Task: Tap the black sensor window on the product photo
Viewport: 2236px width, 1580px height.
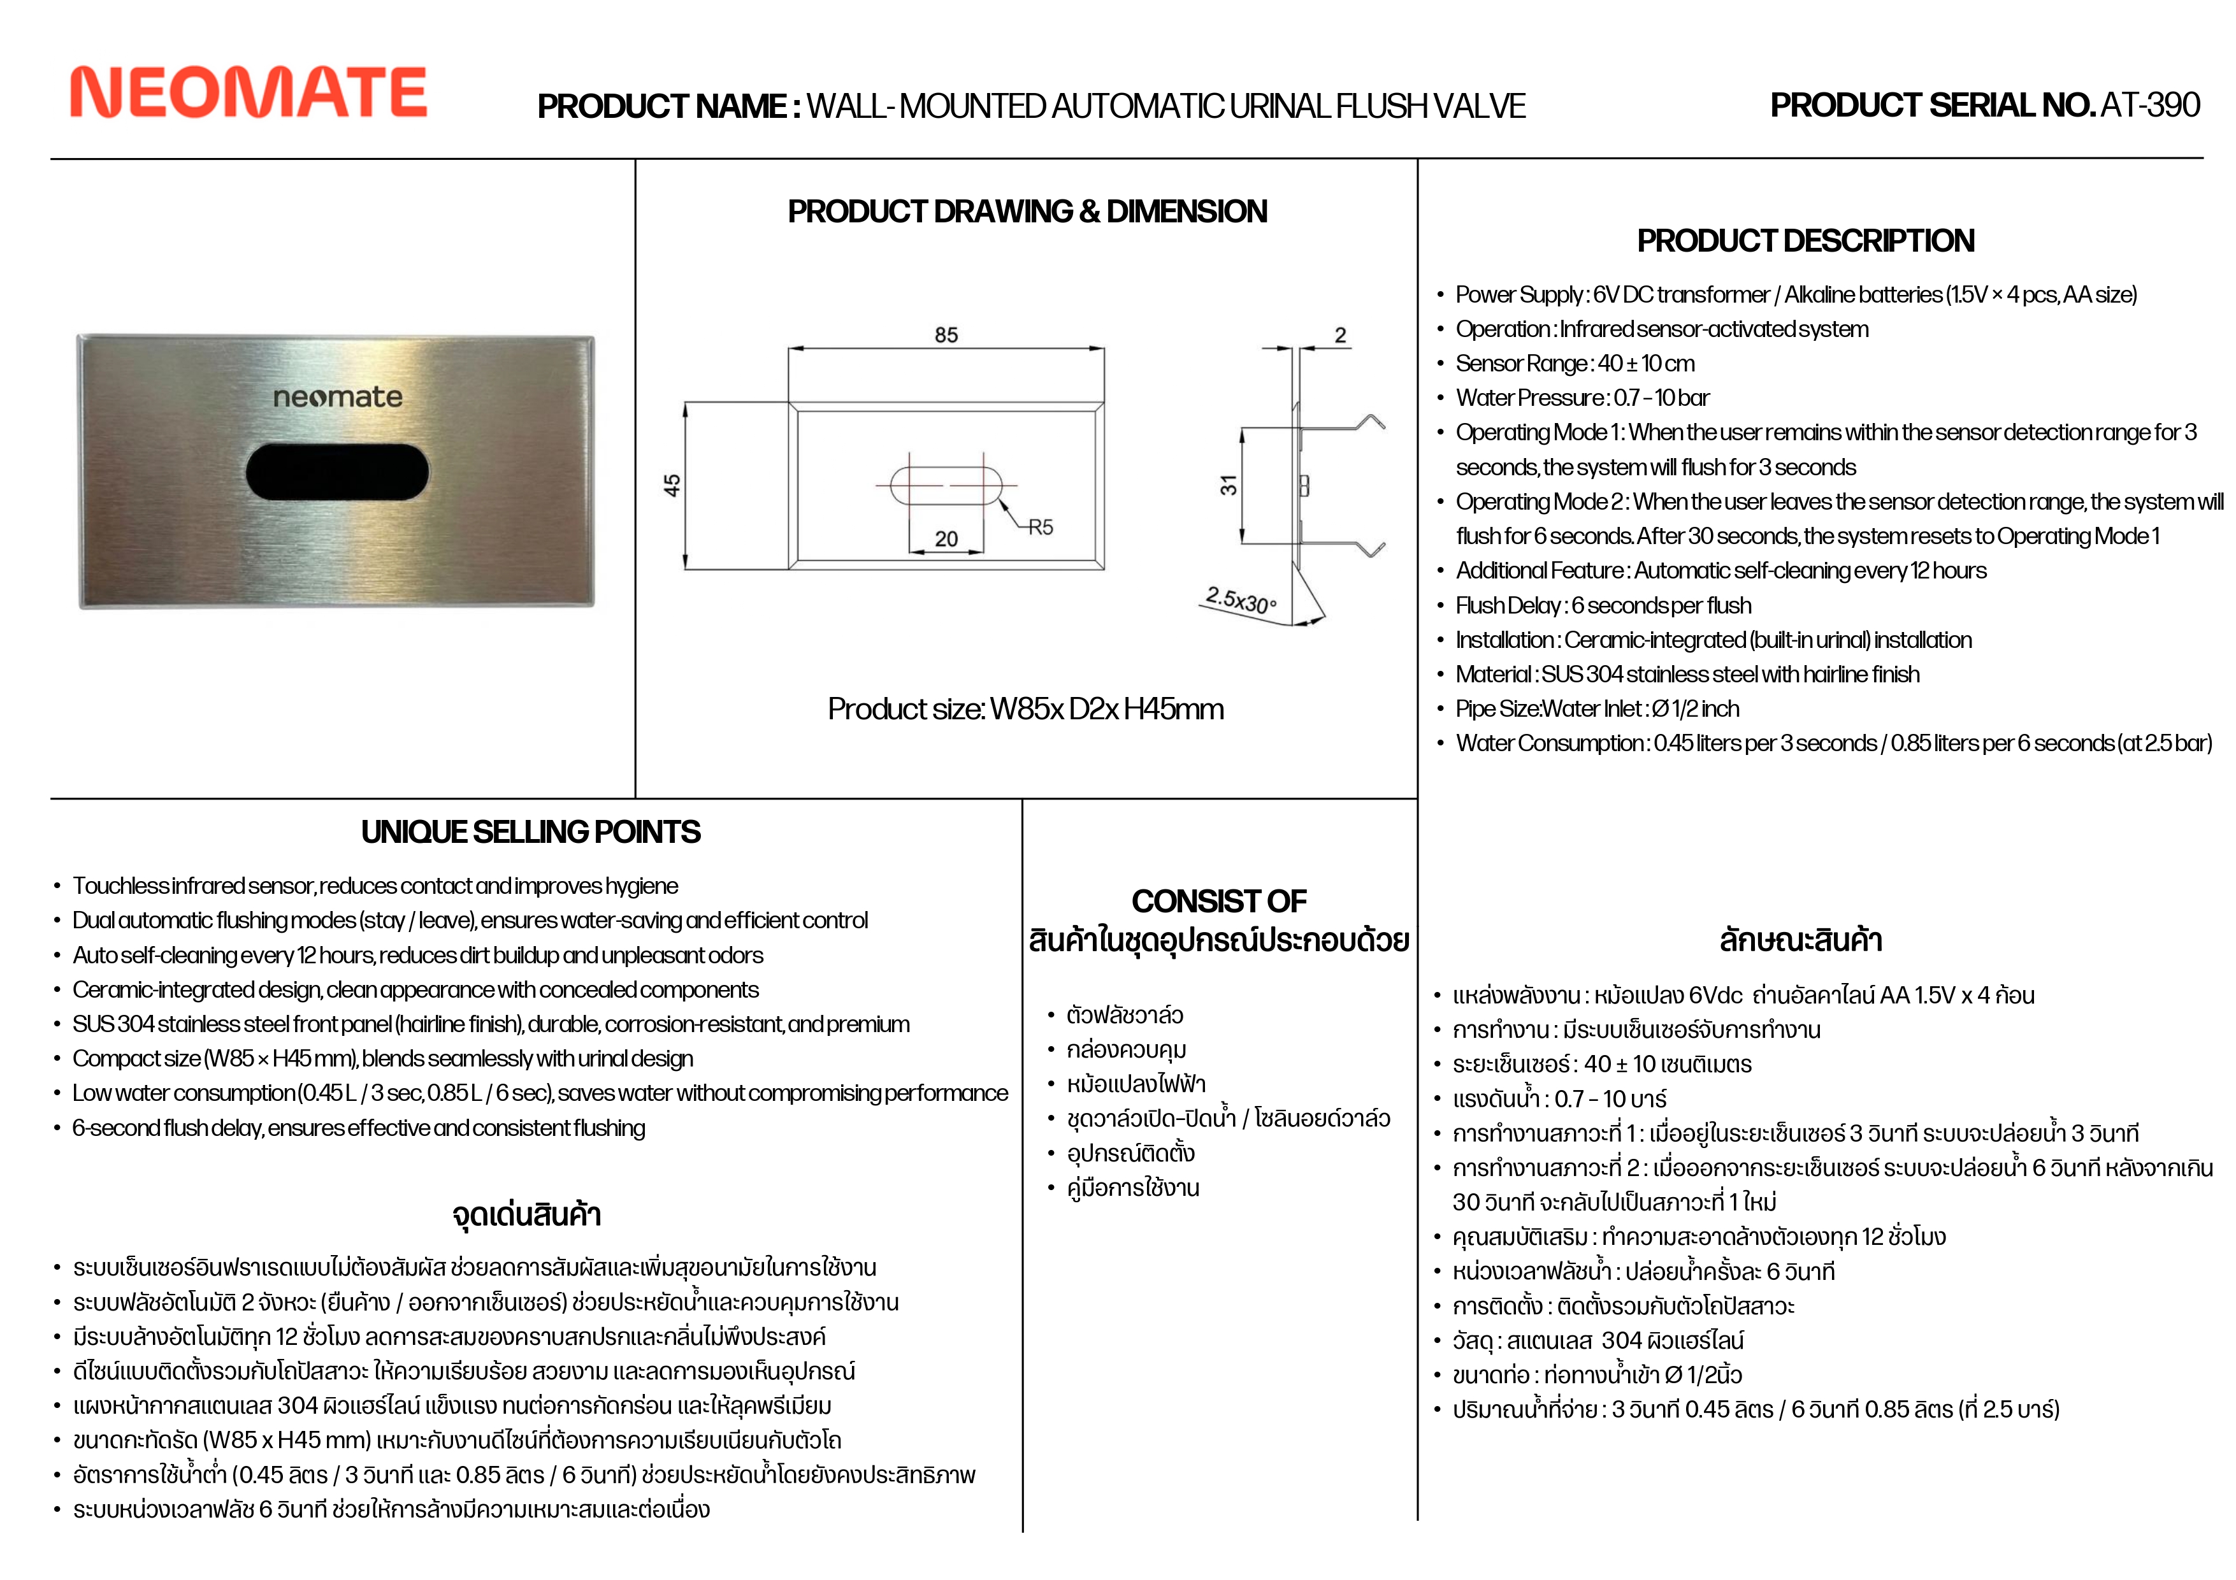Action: [x=337, y=472]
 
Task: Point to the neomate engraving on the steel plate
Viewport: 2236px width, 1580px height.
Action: [x=337, y=397]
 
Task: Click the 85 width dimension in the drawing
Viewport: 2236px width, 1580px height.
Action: [x=946, y=335]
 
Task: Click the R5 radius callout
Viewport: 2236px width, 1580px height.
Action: [x=1040, y=527]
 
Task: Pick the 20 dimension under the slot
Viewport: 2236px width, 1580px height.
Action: [x=946, y=538]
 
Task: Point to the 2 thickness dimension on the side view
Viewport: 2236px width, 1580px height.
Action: [x=1340, y=335]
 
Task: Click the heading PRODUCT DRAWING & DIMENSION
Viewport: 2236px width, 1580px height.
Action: [x=1027, y=212]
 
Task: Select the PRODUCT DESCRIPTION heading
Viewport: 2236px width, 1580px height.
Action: [x=1805, y=240]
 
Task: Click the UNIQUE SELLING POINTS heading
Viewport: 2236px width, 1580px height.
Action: [x=531, y=831]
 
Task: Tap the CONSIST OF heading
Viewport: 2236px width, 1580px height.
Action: [x=1218, y=900]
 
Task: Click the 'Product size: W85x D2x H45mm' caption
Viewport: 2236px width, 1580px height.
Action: [x=1025, y=708]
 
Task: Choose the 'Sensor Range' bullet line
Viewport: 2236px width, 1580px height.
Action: [x=1575, y=363]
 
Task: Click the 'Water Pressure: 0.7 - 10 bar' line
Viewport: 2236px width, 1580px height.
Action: [x=1583, y=397]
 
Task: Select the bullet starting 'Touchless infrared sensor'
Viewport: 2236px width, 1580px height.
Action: [x=375, y=886]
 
